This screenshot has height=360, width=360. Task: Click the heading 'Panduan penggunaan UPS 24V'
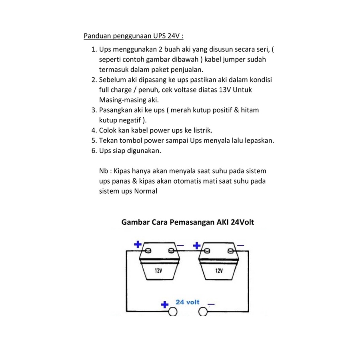[134, 36]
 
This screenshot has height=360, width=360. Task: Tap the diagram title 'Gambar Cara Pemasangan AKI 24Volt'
[188, 222]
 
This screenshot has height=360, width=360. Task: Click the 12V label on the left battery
[158, 271]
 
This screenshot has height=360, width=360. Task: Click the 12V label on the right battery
[219, 271]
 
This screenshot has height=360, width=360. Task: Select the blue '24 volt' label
[187, 302]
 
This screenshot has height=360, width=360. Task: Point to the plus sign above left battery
[138, 244]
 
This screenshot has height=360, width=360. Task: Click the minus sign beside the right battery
[240, 245]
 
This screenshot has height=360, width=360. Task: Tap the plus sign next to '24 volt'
[164, 304]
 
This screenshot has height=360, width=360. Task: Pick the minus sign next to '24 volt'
[211, 304]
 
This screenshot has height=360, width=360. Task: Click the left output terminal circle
[172, 312]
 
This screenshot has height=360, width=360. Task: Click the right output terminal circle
[204, 312]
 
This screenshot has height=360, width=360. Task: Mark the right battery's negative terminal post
[230, 251]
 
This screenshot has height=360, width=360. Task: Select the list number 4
[94, 130]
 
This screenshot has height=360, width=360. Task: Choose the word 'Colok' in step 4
[108, 130]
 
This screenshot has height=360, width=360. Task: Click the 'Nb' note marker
[103, 171]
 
